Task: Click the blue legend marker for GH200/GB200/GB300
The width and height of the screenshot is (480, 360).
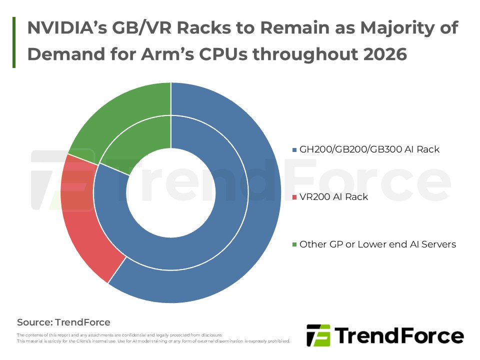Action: click(294, 149)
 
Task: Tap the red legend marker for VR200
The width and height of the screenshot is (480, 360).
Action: click(294, 197)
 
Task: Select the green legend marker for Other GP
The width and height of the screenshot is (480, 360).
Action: click(294, 245)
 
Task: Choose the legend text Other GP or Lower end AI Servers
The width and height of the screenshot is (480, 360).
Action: click(377, 244)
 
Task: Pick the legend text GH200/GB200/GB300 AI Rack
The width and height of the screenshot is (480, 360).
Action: click(369, 149)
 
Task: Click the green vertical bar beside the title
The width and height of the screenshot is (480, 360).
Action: click(13, 42)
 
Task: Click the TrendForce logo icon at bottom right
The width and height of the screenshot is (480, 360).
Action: click(318, 335)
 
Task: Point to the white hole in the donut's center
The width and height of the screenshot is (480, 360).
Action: click(171, 192)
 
